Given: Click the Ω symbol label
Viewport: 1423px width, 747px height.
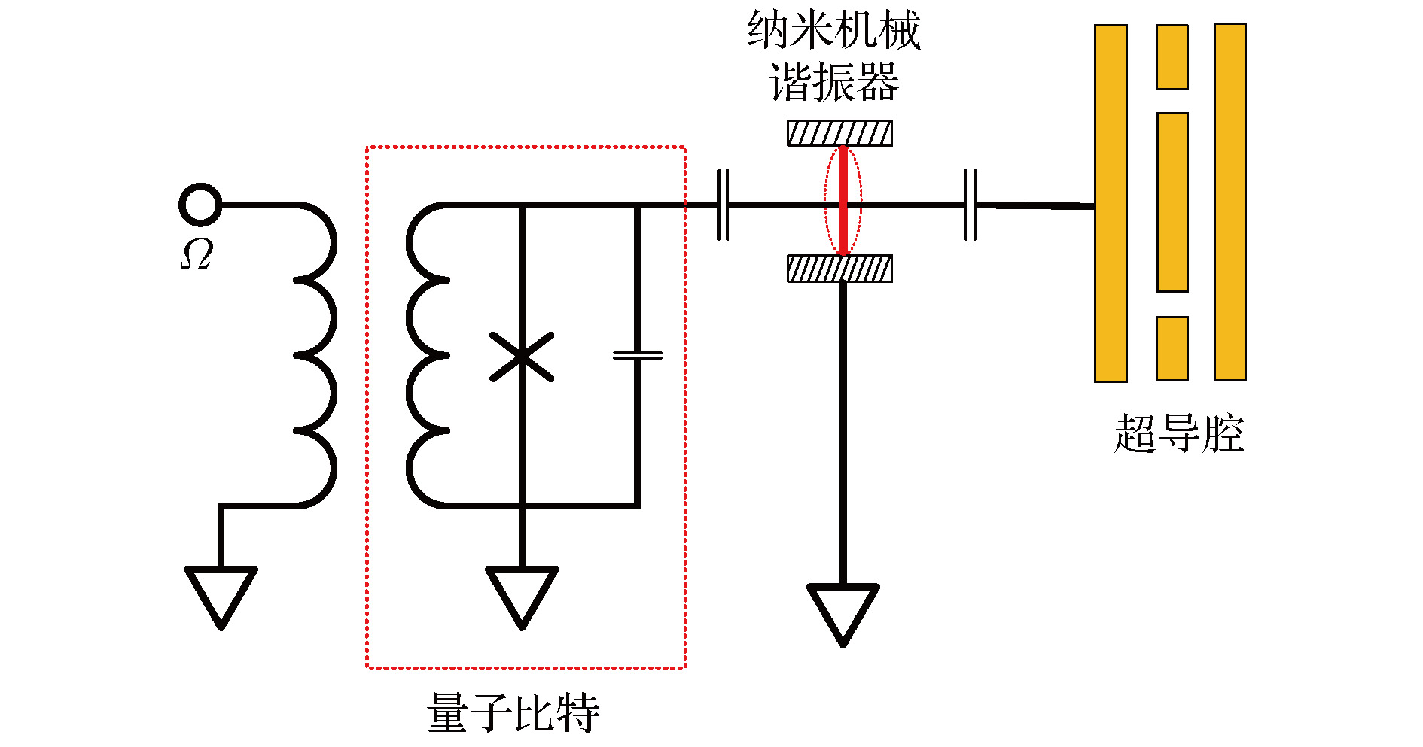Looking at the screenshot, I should point(197,254).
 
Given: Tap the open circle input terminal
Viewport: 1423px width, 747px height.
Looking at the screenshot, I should point(200,204).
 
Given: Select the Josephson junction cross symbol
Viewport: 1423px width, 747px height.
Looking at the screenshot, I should point(522,356).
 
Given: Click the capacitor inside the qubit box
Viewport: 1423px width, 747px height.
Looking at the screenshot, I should point(638,354).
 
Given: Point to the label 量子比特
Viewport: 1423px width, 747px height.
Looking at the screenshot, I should point(513,712).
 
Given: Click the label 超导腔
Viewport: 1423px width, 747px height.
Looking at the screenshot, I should point(1178,433).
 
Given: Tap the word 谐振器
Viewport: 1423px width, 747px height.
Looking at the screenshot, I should point(833,82).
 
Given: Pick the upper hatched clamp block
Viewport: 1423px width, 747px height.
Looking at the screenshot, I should point(839,133).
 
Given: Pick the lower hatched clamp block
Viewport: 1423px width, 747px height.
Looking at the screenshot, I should point(839,269).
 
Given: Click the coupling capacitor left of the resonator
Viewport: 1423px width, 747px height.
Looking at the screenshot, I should point(723,205).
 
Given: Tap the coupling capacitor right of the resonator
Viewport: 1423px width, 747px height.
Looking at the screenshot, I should point(971,205).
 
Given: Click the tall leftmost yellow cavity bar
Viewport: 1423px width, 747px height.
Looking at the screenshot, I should point(1111,203).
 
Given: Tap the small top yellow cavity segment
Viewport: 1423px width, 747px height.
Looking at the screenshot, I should point(1172,57).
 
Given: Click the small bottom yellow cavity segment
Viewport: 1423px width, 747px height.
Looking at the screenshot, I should point(1172,348).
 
